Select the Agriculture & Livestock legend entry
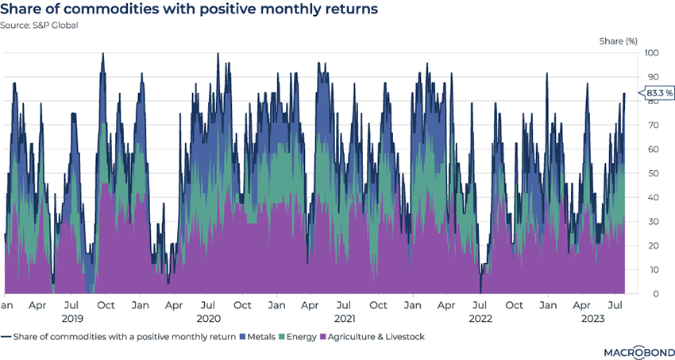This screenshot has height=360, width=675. point(373,336)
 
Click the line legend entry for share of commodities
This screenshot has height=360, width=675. point(119,336)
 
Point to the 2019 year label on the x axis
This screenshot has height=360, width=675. point(72,318)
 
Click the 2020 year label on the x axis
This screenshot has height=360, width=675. point(208,318)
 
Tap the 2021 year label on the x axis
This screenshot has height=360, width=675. point(344,318)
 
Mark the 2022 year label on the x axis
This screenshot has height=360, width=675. point(480,318)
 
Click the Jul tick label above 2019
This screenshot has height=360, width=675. point(72,305)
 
